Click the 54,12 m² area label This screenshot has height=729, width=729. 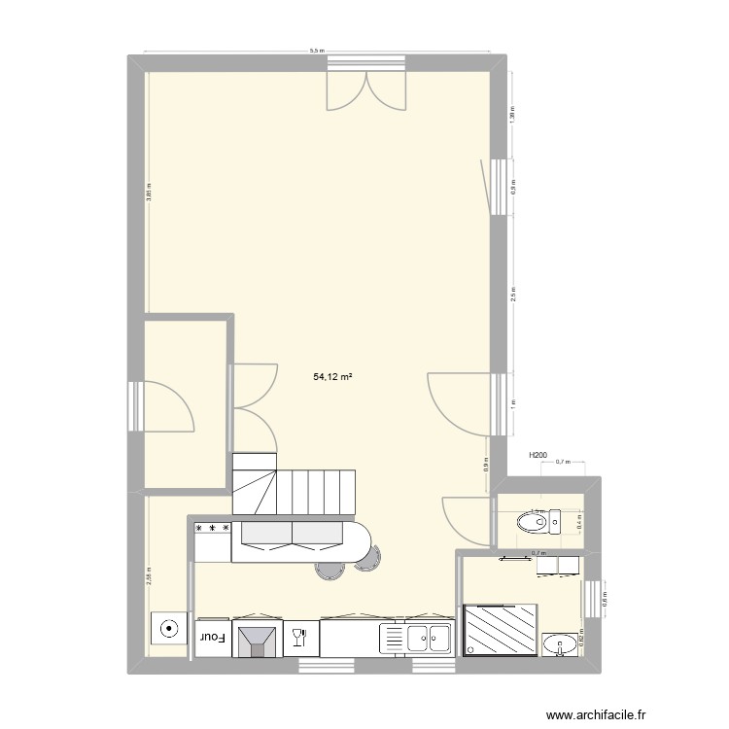pyautogui.click(x=332, y=374)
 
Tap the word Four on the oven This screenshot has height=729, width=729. pyautogui.click(x=213, y=638)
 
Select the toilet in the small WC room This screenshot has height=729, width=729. pyautogui.click(x=534, y=522)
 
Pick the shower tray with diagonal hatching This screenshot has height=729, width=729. pyautogui.click(x=501, y=628)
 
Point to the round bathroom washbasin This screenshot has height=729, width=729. pyautogui.click(x=560, y=642)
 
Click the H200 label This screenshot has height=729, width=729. pyautogui.click(x=538, y=455)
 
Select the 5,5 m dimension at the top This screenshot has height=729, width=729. pyautogui.click(x=317, y=49)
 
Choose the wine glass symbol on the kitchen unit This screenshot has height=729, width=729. pyautogui.click(x=298, y=637)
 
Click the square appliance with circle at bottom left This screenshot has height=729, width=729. pyautogui.click(x=169, y=628)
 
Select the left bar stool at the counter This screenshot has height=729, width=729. pyautogui.click(x=328, y=571)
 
